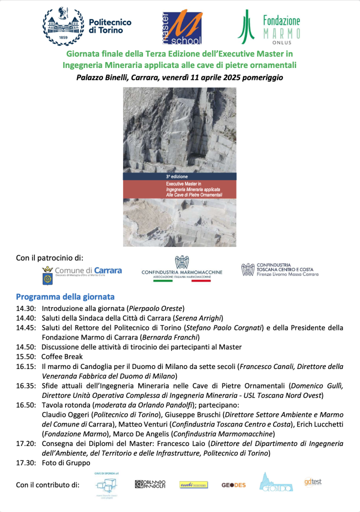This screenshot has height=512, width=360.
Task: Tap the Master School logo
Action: [181, 26]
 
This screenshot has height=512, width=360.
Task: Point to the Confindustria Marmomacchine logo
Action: [182, 269]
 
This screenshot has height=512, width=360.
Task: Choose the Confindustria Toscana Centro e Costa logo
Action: [279, 270]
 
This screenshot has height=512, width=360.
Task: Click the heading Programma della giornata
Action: [65, 296]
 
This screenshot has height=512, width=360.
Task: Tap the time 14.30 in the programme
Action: [25, 308]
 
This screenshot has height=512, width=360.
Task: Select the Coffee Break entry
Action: [62, 356]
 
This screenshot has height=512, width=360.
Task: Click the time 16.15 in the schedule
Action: [25, 366]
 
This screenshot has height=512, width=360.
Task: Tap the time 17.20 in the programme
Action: [25, 443]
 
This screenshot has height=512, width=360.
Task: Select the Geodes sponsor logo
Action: [233, 484]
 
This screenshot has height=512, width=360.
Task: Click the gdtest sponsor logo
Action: [312, 482]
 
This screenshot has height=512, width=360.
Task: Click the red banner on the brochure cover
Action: [180, 189]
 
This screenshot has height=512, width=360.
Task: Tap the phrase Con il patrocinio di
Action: [50, 258]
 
